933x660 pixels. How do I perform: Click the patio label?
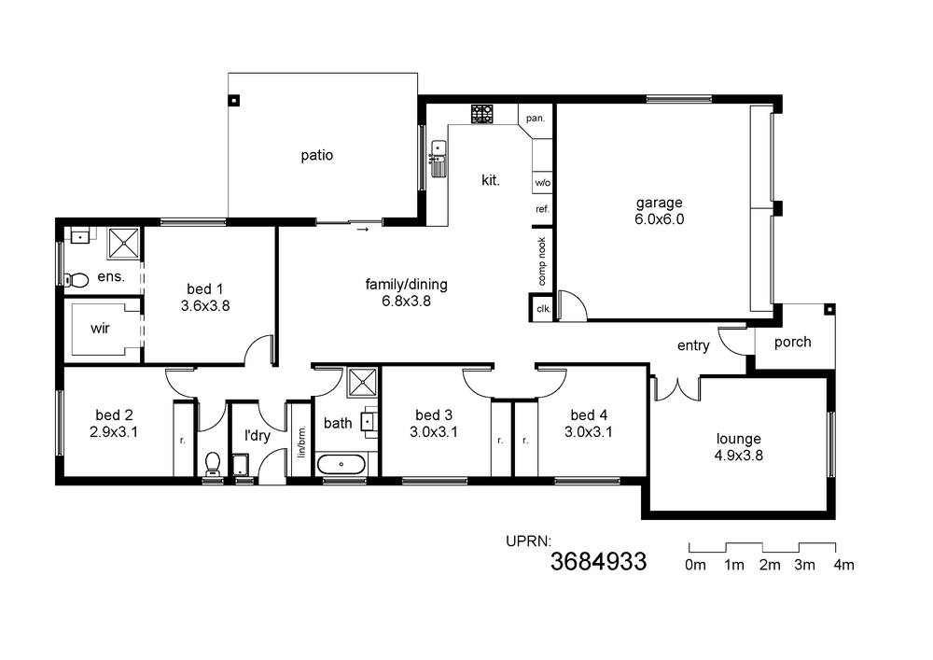click(x=316, y=155)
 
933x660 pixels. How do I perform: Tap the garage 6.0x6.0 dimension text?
click(x=660, y=219)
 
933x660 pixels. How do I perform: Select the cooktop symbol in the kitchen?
click(x=482, y=114)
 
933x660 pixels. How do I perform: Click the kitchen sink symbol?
click(x=439, y=159)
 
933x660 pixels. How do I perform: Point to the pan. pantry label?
click(x=536, y=118)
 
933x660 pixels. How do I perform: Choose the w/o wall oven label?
click(x=543, y=183)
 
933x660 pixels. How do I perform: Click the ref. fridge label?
click(x=543, y=209)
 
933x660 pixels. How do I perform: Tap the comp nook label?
click(x=541, y=261)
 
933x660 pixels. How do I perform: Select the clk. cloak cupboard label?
click(x=544, y=309)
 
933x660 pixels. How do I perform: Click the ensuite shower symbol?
click(x=124, y=243)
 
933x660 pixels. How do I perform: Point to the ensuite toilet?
click(x=76, y=279)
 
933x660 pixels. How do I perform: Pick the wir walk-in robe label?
click(x=100, y=328)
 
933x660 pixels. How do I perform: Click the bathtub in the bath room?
click(x=341, y=464)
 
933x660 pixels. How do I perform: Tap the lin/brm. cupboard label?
click(x=301, y=441)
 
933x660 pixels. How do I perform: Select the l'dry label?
click(x=258, y=436)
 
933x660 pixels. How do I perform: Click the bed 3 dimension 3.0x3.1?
click(x=434, y=431)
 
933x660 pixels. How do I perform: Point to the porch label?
click(x=792, y=343)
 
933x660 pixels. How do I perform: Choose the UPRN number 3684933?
click(x=598, y=561)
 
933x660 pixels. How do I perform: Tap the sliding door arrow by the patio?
click(x=362, y=229)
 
